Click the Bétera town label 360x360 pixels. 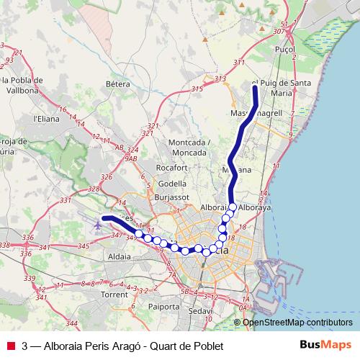pyautogui.click(x=117, y=84)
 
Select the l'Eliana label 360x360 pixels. pyautogui.click(x=45, y=119)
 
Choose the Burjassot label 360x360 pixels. pyautogui.click(x=171, y=195)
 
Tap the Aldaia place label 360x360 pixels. pyautogui.click(x=118, y=256)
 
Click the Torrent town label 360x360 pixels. pyautogui.click(x=114, y=295)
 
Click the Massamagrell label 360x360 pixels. pyautogui.click(x=250, y=114)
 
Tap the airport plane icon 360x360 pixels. pyautogui.click(x=97, y=225)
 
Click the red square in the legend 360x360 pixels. pyautogui.click(x=10, y=346)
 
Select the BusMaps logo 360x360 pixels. pyautogui.click(x=325, y=346)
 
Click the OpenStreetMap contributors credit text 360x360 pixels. pyautogui.click(x=297, y=322)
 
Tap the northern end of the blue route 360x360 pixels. pyautogui.click(x=255, y=87)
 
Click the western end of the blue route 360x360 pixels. pyautogui.click(x=104, y=217)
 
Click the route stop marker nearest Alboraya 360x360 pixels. pyautogui.click(x=233, y=207)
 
